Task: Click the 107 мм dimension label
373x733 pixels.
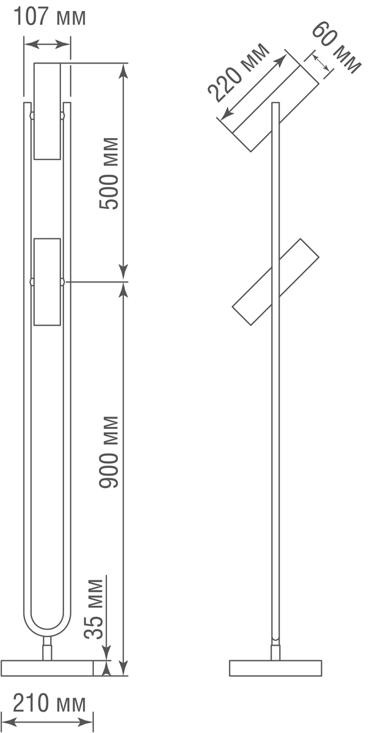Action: point(49,16)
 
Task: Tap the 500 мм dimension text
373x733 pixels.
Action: point(109,173)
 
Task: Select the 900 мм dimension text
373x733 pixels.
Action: point(109,452)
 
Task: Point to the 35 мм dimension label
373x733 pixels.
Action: point(94,610)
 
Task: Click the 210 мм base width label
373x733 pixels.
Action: point(49,703)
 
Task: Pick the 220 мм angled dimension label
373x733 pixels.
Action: point(239,72)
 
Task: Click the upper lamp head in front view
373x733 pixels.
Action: point(48,111)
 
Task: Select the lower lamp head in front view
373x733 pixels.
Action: point(48,282)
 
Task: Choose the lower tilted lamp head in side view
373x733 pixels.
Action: point(275,282)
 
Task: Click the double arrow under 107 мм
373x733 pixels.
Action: point(48,44)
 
